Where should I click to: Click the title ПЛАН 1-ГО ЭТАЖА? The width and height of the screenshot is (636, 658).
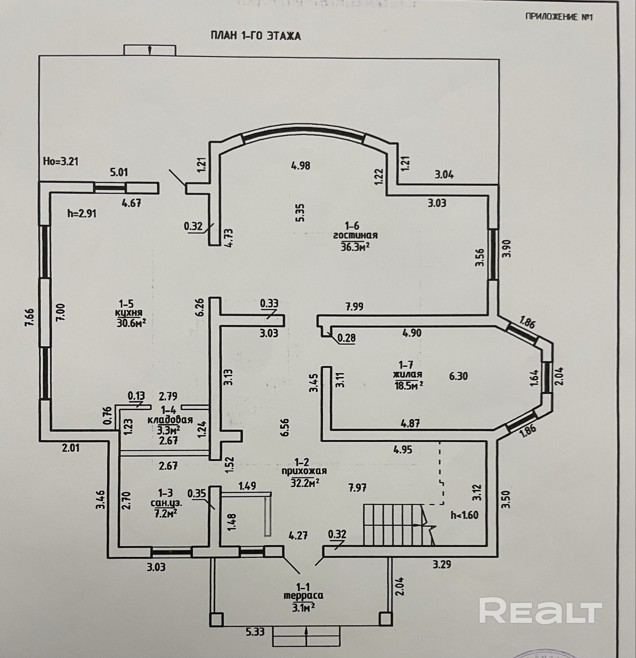256,36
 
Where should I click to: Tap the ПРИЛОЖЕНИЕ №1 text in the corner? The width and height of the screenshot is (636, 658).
559,17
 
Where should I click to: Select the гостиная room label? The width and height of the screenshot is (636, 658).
355,235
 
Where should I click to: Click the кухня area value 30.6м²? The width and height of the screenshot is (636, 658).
131,323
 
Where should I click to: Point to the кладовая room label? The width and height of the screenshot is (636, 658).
170,420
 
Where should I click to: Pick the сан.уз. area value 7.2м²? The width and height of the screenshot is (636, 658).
165,513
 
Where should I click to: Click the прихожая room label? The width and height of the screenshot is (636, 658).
304,471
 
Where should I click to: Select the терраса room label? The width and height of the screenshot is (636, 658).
304,595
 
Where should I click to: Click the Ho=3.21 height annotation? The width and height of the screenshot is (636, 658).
61,162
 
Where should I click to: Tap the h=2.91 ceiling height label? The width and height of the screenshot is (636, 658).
82,214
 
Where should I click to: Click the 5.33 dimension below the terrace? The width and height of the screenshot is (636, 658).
255,632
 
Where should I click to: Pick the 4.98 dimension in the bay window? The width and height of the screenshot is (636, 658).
301,165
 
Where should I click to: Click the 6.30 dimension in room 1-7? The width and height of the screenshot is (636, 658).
458,376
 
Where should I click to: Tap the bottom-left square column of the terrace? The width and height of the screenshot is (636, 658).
216,619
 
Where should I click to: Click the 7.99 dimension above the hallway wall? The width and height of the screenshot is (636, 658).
354,307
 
